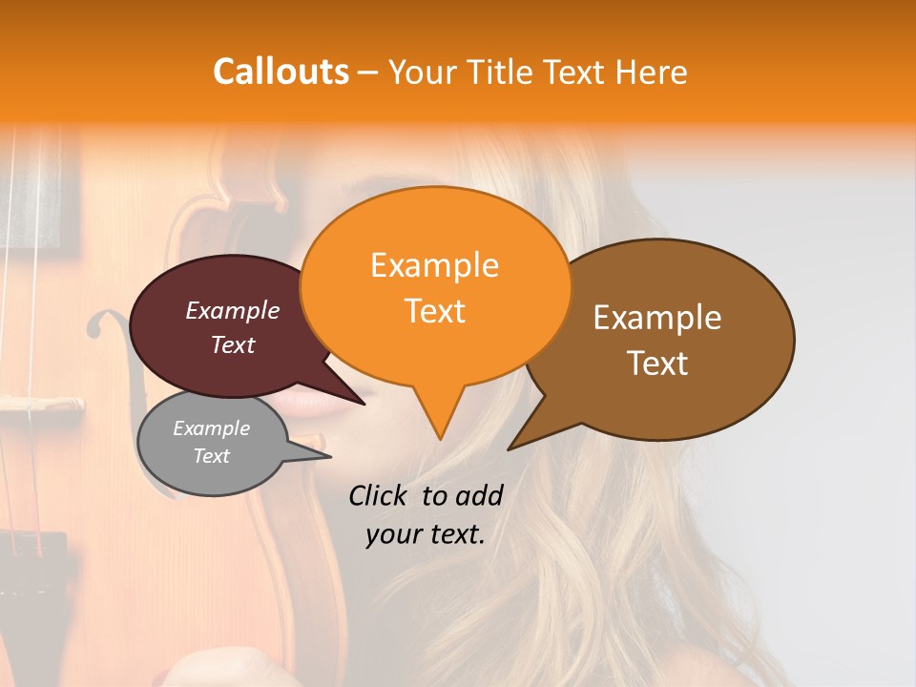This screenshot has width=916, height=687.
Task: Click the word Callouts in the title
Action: point(281,72)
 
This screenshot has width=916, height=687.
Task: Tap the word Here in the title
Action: point(651,72)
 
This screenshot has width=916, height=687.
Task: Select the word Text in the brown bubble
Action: point(658,364)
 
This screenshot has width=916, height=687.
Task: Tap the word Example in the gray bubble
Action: point(211,428)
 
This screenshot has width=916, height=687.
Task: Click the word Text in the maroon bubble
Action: point(233,345)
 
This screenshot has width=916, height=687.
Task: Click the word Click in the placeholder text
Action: point(381,495)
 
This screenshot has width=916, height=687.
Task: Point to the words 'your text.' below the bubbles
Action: point(426,534)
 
